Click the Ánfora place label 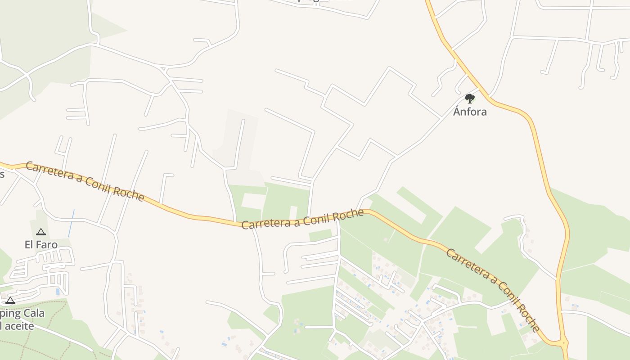point(470,112)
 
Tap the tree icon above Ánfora point(470,98)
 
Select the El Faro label point(41,245)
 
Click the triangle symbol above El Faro point(41,232)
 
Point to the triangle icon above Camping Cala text point(10,300)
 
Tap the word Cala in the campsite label point(33,313)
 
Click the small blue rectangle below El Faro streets point(58,292)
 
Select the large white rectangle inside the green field point(254,200)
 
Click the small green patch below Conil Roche point(320,235)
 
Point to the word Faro point(47,245)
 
